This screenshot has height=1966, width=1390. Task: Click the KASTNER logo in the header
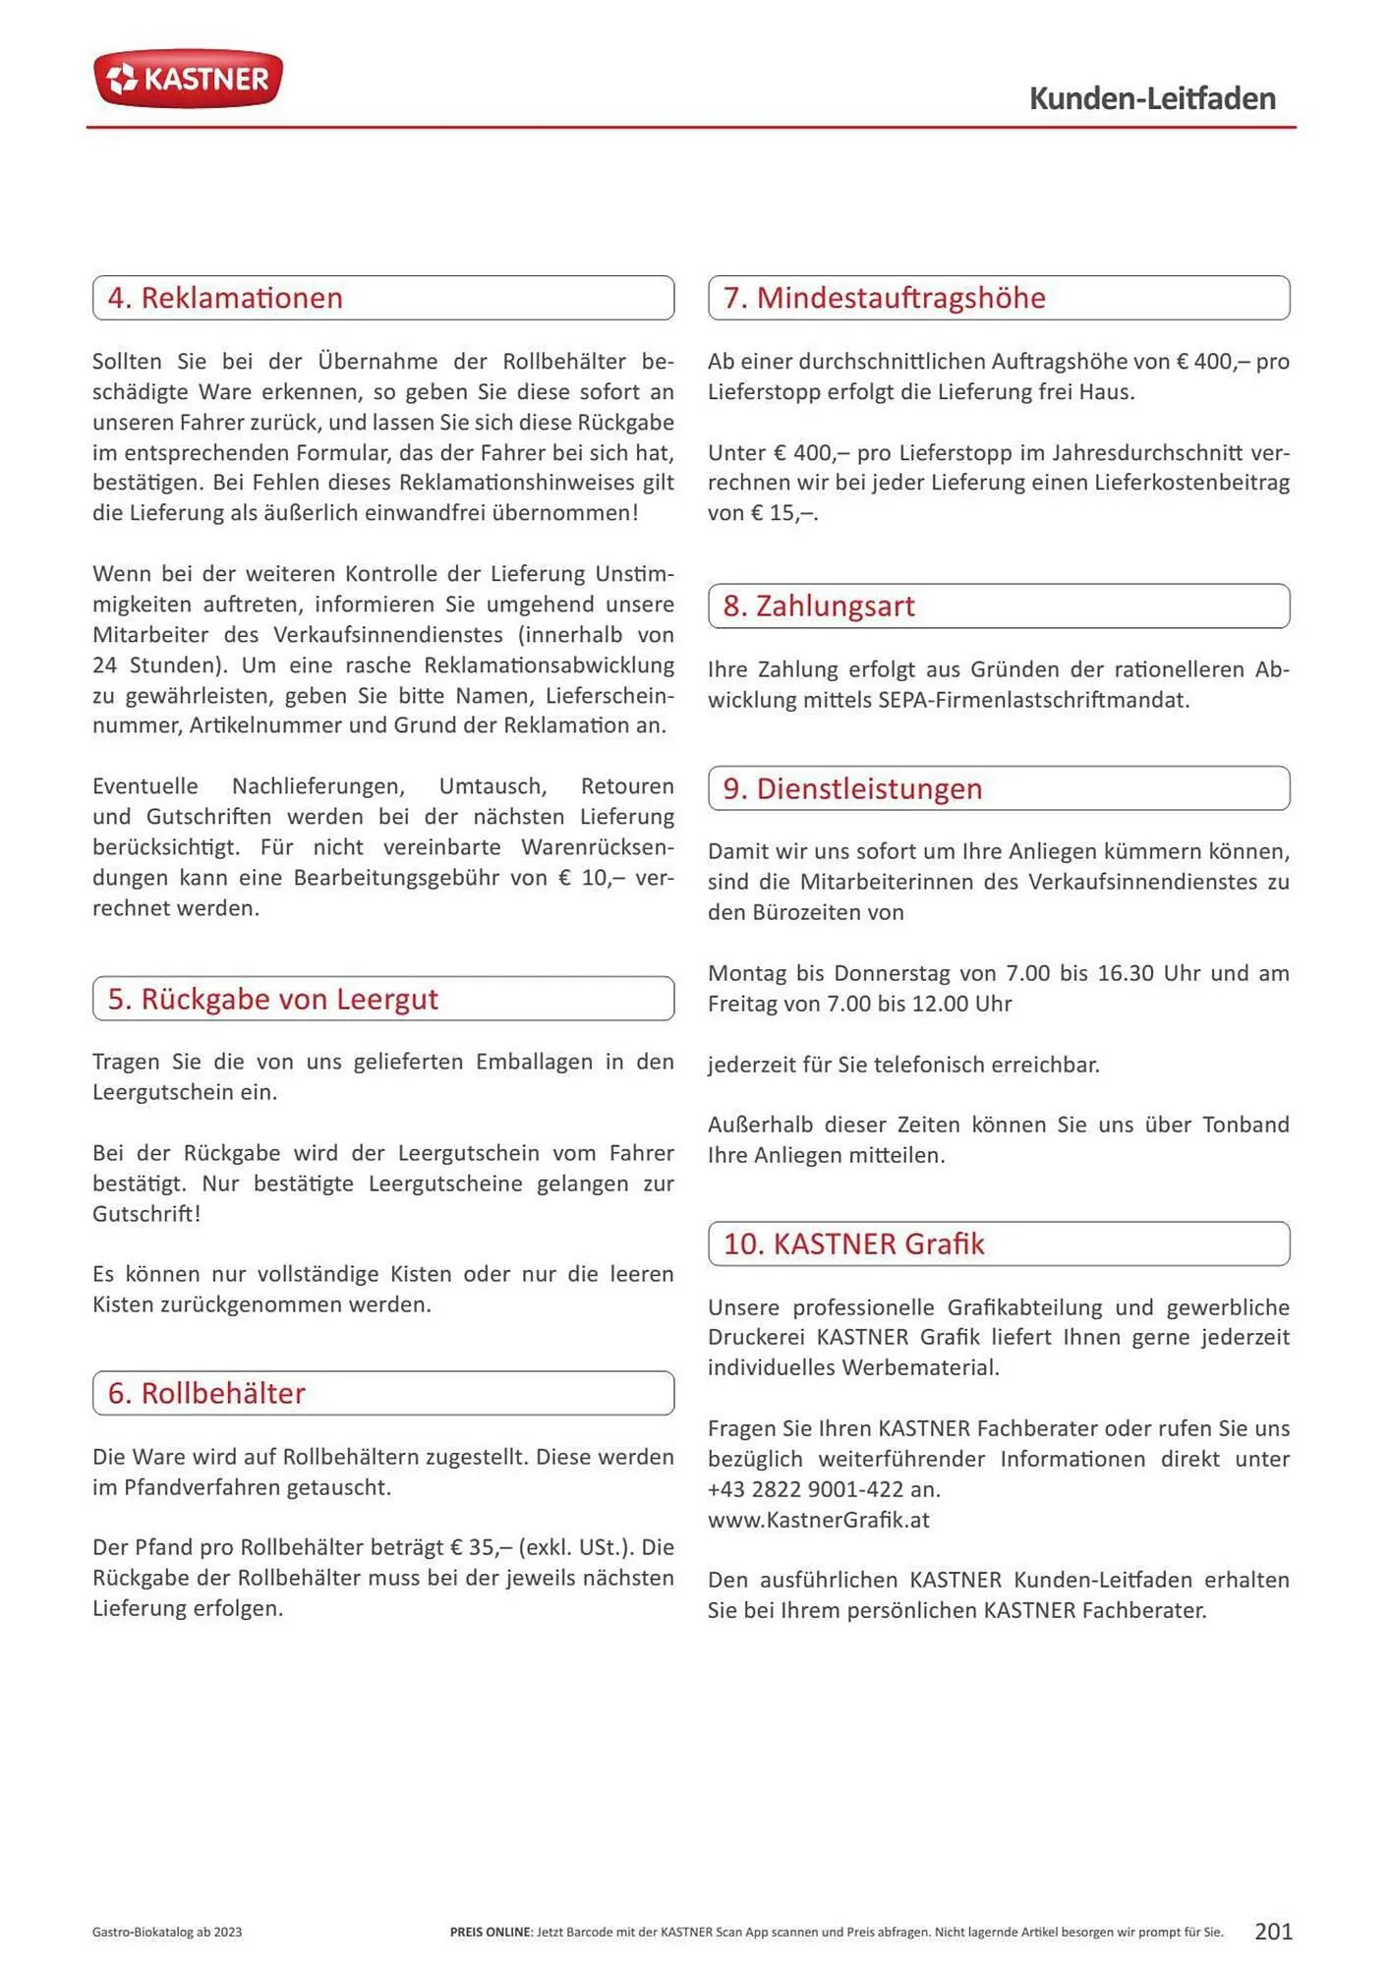tap(188, 79)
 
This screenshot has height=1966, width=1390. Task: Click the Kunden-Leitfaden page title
tap(1152, 98)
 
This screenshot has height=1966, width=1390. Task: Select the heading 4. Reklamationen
tap(225, 298)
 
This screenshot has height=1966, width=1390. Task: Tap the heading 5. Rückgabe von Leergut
tap(272, 999)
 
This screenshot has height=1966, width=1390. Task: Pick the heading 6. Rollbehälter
tap(206, 1393)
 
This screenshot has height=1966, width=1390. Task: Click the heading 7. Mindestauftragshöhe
tap(884, 298)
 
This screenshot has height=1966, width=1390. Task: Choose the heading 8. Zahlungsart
tap(818, 606)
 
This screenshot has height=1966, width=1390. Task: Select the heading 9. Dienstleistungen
tap(851, 788)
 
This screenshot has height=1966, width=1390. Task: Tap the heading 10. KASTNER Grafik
tap(853, 1243)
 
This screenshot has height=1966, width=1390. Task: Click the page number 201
tap(1273, 1931)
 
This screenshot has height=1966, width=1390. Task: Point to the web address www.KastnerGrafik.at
tap(818, 1520)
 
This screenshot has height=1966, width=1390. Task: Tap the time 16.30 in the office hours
tap(1125, 973)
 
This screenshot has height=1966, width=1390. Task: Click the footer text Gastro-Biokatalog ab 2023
tap(167, 1932)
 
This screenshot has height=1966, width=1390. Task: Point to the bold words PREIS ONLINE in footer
tap(490, 1932)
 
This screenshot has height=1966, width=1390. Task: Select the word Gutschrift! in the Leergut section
tap(146, 1214)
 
